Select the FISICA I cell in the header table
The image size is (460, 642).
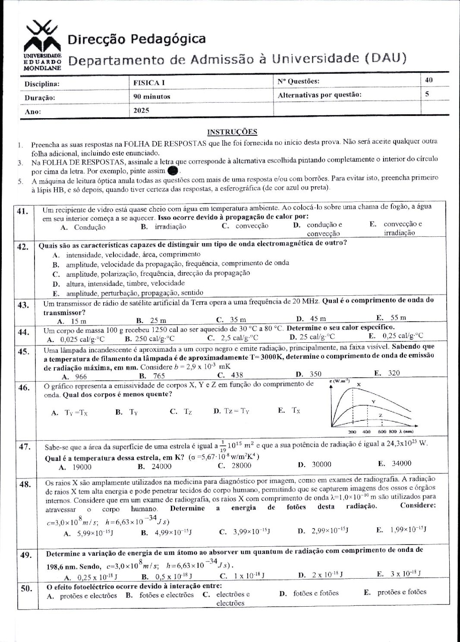coord(149,82)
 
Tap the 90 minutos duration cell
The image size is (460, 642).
coord(151,97)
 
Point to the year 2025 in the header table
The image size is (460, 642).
coord(141,110)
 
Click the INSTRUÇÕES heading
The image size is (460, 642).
coord(232,132)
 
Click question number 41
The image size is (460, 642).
coord(23,211)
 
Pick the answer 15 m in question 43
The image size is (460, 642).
coord(78,321)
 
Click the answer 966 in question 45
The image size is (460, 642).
coord(81,376)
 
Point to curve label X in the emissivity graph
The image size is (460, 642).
coord(359,384)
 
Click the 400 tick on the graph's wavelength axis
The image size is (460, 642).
coord(366,432)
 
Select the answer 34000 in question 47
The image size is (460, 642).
coord(401,463)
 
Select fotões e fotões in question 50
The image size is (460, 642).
coord(316,593)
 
